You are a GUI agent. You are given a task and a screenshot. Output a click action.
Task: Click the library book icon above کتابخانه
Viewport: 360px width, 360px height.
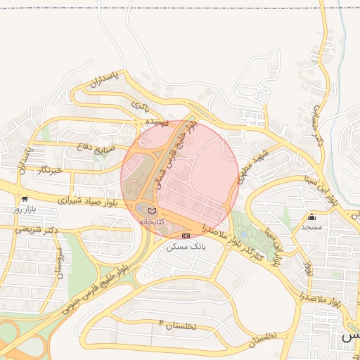point(153,210)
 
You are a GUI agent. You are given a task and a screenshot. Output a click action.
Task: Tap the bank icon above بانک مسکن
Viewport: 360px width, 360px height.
point(186,236)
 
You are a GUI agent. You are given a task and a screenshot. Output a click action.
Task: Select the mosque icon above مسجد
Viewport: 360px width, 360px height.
point(311,217)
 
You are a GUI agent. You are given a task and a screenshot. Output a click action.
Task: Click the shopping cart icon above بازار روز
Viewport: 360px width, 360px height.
point(25,199)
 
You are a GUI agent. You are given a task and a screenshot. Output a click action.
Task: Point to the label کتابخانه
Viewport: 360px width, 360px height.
point(152,221)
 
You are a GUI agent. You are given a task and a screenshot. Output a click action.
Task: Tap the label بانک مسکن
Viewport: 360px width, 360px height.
point(184,247)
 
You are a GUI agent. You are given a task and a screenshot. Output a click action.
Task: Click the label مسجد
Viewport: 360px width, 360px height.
point(311,227)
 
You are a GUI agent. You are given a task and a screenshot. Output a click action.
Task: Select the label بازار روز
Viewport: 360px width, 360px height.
point(24,210)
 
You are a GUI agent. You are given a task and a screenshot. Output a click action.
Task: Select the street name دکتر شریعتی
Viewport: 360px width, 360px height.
point(33,230)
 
